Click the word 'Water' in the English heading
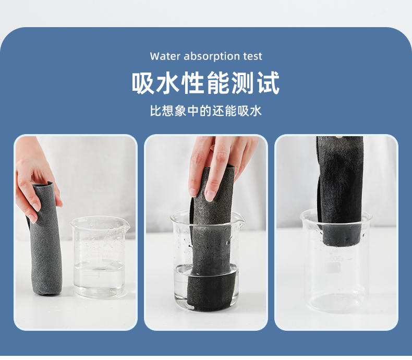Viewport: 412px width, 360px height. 165,56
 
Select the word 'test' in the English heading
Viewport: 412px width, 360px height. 252,56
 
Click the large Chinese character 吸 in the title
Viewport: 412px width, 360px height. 143,83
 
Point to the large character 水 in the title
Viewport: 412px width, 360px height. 168,83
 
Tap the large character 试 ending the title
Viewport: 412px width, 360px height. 269,83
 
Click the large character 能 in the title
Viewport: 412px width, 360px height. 218,83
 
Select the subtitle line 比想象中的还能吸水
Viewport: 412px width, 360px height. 205,111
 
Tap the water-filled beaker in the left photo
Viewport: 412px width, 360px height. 99,257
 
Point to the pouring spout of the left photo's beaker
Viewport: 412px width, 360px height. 126,225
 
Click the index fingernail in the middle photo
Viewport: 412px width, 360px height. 210,196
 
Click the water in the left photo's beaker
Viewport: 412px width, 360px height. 99,279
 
